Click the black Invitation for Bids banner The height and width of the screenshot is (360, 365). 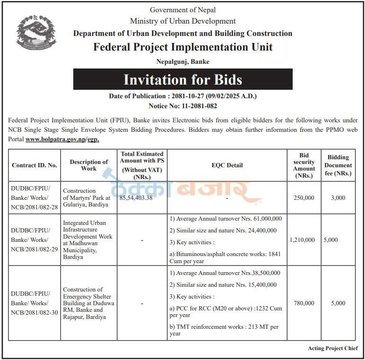tap(182, 79)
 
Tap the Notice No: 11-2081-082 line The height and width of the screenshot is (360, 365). tap(182, 106)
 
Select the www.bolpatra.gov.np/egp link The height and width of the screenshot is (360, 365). tap(62, 139)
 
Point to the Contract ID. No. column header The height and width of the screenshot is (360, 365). tap(35, 165)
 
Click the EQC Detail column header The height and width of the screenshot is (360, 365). tap(227, 165)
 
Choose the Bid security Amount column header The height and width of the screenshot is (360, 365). tap(304, 165)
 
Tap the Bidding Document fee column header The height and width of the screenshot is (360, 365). tap(338, 165)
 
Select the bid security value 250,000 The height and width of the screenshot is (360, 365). tap(304, 198)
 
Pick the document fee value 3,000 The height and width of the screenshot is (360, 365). tap(338, 198)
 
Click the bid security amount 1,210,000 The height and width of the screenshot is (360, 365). tap(302, 240)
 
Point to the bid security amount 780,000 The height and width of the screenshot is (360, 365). tap(304, 303)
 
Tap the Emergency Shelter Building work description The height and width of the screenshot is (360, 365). tap(88, 303)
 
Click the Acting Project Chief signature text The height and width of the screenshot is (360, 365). tap(333, 348)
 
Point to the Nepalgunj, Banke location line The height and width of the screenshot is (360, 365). tap(182, 61)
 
